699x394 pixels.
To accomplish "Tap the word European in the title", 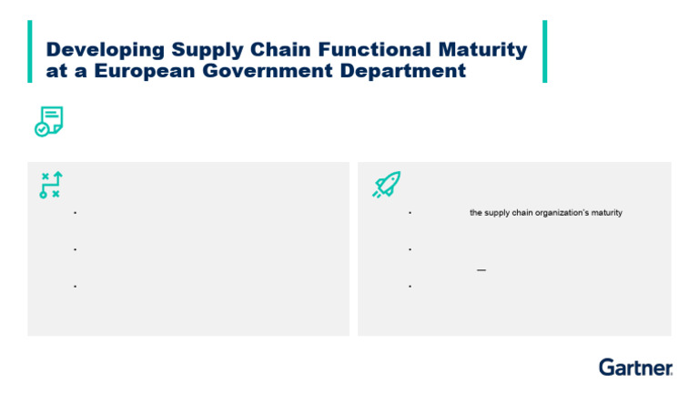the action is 145,71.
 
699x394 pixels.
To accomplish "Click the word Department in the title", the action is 403,71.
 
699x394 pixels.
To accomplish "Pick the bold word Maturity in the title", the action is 482,50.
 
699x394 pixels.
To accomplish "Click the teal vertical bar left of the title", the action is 30,51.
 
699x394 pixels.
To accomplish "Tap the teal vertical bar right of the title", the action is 545,51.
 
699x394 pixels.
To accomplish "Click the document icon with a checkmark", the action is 49,121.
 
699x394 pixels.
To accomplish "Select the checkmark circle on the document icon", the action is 42,130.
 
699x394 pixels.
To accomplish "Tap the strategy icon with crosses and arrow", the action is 51,185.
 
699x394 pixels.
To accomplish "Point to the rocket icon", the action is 387,184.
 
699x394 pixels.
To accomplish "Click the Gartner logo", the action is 635,368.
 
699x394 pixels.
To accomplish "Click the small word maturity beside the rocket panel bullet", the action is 607,213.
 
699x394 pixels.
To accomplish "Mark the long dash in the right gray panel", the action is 481,270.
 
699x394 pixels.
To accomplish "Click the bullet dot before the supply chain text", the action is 410,213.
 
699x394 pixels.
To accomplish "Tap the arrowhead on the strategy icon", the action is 58,175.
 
